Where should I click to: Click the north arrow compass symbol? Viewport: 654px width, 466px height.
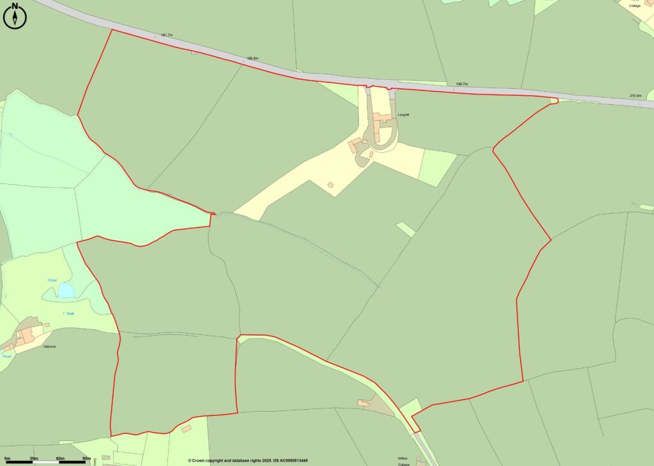tap(15, 16)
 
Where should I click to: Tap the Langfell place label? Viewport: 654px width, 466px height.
tap(403, 114)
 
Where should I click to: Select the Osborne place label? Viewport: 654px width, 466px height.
tap(49, 346)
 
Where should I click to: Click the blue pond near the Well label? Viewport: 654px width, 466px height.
tap(66, 291)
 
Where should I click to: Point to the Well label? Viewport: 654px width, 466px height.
tap(70, 313)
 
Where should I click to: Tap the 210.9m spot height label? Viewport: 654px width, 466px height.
tap(635, 96)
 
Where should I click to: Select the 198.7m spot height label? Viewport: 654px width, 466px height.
tap(462, 84)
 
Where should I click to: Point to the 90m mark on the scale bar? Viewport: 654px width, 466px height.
tap(86, 459)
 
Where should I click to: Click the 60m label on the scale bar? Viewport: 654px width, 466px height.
tap(60, 459)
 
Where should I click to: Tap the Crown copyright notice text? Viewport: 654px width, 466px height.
tap(248, 460)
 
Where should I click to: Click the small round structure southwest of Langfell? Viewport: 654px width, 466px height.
tap(330, 185)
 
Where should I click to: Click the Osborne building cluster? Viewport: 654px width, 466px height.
tap(26, 336)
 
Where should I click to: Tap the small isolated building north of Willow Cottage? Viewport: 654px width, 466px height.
tap(363, 403)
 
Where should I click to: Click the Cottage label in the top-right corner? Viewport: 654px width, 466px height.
tap(634, 5)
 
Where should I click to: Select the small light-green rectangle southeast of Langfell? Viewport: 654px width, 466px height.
tap(406, 229)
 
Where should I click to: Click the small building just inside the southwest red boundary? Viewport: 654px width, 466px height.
tap(186, 428)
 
